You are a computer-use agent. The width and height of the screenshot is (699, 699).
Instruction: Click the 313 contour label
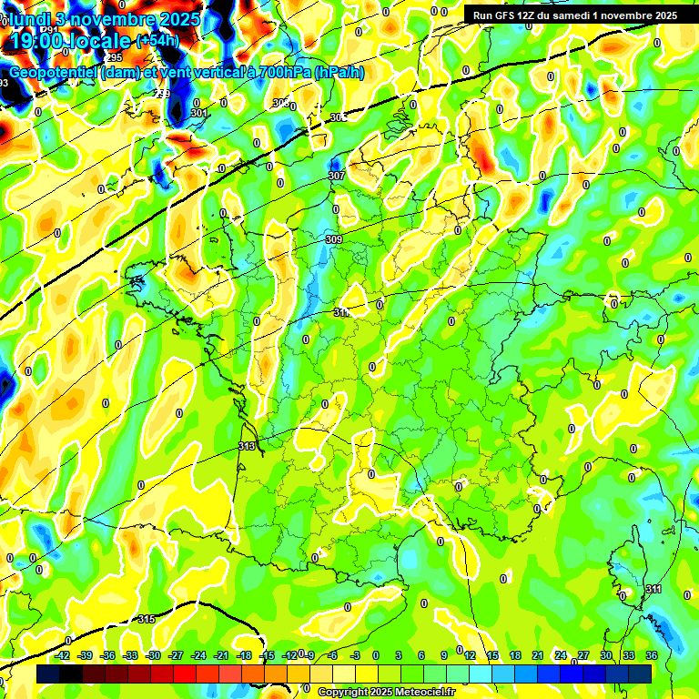pyautogui.click(x=247, y=446)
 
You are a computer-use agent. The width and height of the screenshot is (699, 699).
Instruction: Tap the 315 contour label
pyautogui.click(x=147, y=620)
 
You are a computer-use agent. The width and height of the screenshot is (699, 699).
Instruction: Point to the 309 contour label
pyautogui.click(x=333, y=239)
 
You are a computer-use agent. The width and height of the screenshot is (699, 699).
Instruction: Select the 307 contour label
pyautogui.click(x=336, y=176)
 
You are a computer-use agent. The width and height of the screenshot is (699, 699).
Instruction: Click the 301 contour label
pyautogui.click(x=199, y=114)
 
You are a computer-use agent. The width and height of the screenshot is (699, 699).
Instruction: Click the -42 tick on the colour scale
pyautogui.click(x=63, y=655)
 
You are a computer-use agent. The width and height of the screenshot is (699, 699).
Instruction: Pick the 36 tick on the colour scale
pyautogui.click(x=651, y=655)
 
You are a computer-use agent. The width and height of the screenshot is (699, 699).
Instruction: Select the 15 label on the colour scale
pyautogui.click(x=492, y=655)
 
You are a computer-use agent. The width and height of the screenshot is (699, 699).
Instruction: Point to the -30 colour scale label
pyautogui.click(x=153, y=655)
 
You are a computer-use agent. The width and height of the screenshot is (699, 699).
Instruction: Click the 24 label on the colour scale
pyautogui.click(x=561, y=655)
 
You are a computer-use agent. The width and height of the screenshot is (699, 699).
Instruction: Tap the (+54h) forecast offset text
pyautogui.click(x=157, y=40)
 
